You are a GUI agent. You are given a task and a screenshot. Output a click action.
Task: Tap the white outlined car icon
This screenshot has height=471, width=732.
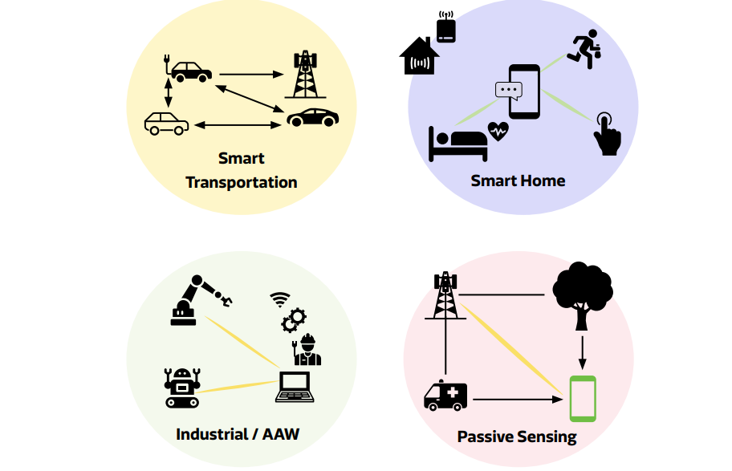166,123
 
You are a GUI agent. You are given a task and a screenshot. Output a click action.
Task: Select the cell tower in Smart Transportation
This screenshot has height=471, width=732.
303,75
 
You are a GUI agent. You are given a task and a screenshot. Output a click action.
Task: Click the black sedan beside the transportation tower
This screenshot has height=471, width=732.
313,117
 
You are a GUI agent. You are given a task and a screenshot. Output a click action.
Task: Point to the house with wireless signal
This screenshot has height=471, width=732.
419,57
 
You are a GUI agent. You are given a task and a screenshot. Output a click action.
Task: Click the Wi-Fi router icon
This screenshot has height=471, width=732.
445,27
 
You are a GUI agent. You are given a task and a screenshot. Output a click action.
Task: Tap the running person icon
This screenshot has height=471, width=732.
586,51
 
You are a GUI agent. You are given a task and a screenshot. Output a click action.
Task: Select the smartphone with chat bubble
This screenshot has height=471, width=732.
523,91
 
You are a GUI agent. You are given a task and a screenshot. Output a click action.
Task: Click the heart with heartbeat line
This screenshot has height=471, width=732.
498,131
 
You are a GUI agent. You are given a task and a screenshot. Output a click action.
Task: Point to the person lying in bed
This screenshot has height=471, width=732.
458,142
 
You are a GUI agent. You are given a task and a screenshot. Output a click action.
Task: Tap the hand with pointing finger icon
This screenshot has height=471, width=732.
607,134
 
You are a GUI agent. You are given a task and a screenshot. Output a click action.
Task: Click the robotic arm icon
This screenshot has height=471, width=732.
198,300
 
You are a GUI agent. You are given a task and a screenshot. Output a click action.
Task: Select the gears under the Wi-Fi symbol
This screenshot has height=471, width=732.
293,319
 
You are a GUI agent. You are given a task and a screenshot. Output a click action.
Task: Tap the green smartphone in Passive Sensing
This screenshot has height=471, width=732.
583,399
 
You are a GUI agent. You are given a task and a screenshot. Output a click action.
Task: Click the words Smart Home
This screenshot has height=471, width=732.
518,181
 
